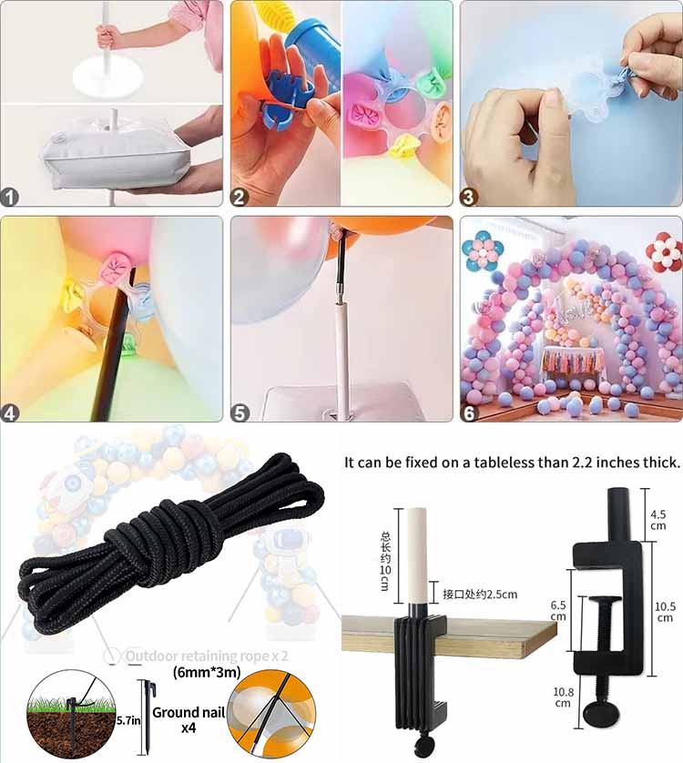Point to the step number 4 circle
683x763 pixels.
(11, 412)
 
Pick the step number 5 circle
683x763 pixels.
(240, 412)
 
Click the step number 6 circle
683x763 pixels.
(470, 412)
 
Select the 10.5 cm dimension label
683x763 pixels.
(665, 609)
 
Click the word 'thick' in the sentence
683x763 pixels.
(656, 463)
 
